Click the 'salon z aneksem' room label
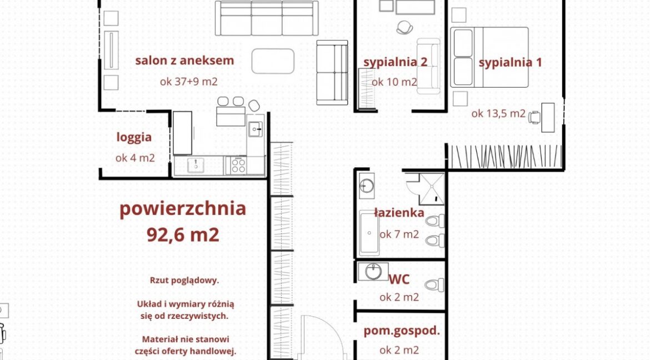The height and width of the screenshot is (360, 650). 184,61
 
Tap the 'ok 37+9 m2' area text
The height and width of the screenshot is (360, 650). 189,81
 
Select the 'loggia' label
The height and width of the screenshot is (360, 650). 134,137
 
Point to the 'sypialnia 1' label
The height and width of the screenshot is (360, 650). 511,63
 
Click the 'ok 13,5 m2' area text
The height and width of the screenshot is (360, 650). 498,113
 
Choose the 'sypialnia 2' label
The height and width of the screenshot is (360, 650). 395,62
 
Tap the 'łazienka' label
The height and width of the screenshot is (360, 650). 399,213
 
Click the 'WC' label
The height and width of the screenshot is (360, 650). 399,279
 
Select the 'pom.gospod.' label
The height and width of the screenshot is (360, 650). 401,331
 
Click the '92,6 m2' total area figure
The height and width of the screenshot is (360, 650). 183,235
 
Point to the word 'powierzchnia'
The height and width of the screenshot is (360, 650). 183,209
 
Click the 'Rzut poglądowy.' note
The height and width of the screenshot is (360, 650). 184,281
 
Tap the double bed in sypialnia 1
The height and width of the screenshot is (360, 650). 489,57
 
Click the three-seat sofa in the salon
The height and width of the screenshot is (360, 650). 267,19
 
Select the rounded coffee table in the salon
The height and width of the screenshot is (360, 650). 273,61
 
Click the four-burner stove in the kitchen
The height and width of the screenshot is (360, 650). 238,165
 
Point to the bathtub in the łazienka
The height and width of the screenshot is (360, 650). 369,233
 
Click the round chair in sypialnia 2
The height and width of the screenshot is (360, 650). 404,27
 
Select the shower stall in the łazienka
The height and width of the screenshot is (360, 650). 432,189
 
